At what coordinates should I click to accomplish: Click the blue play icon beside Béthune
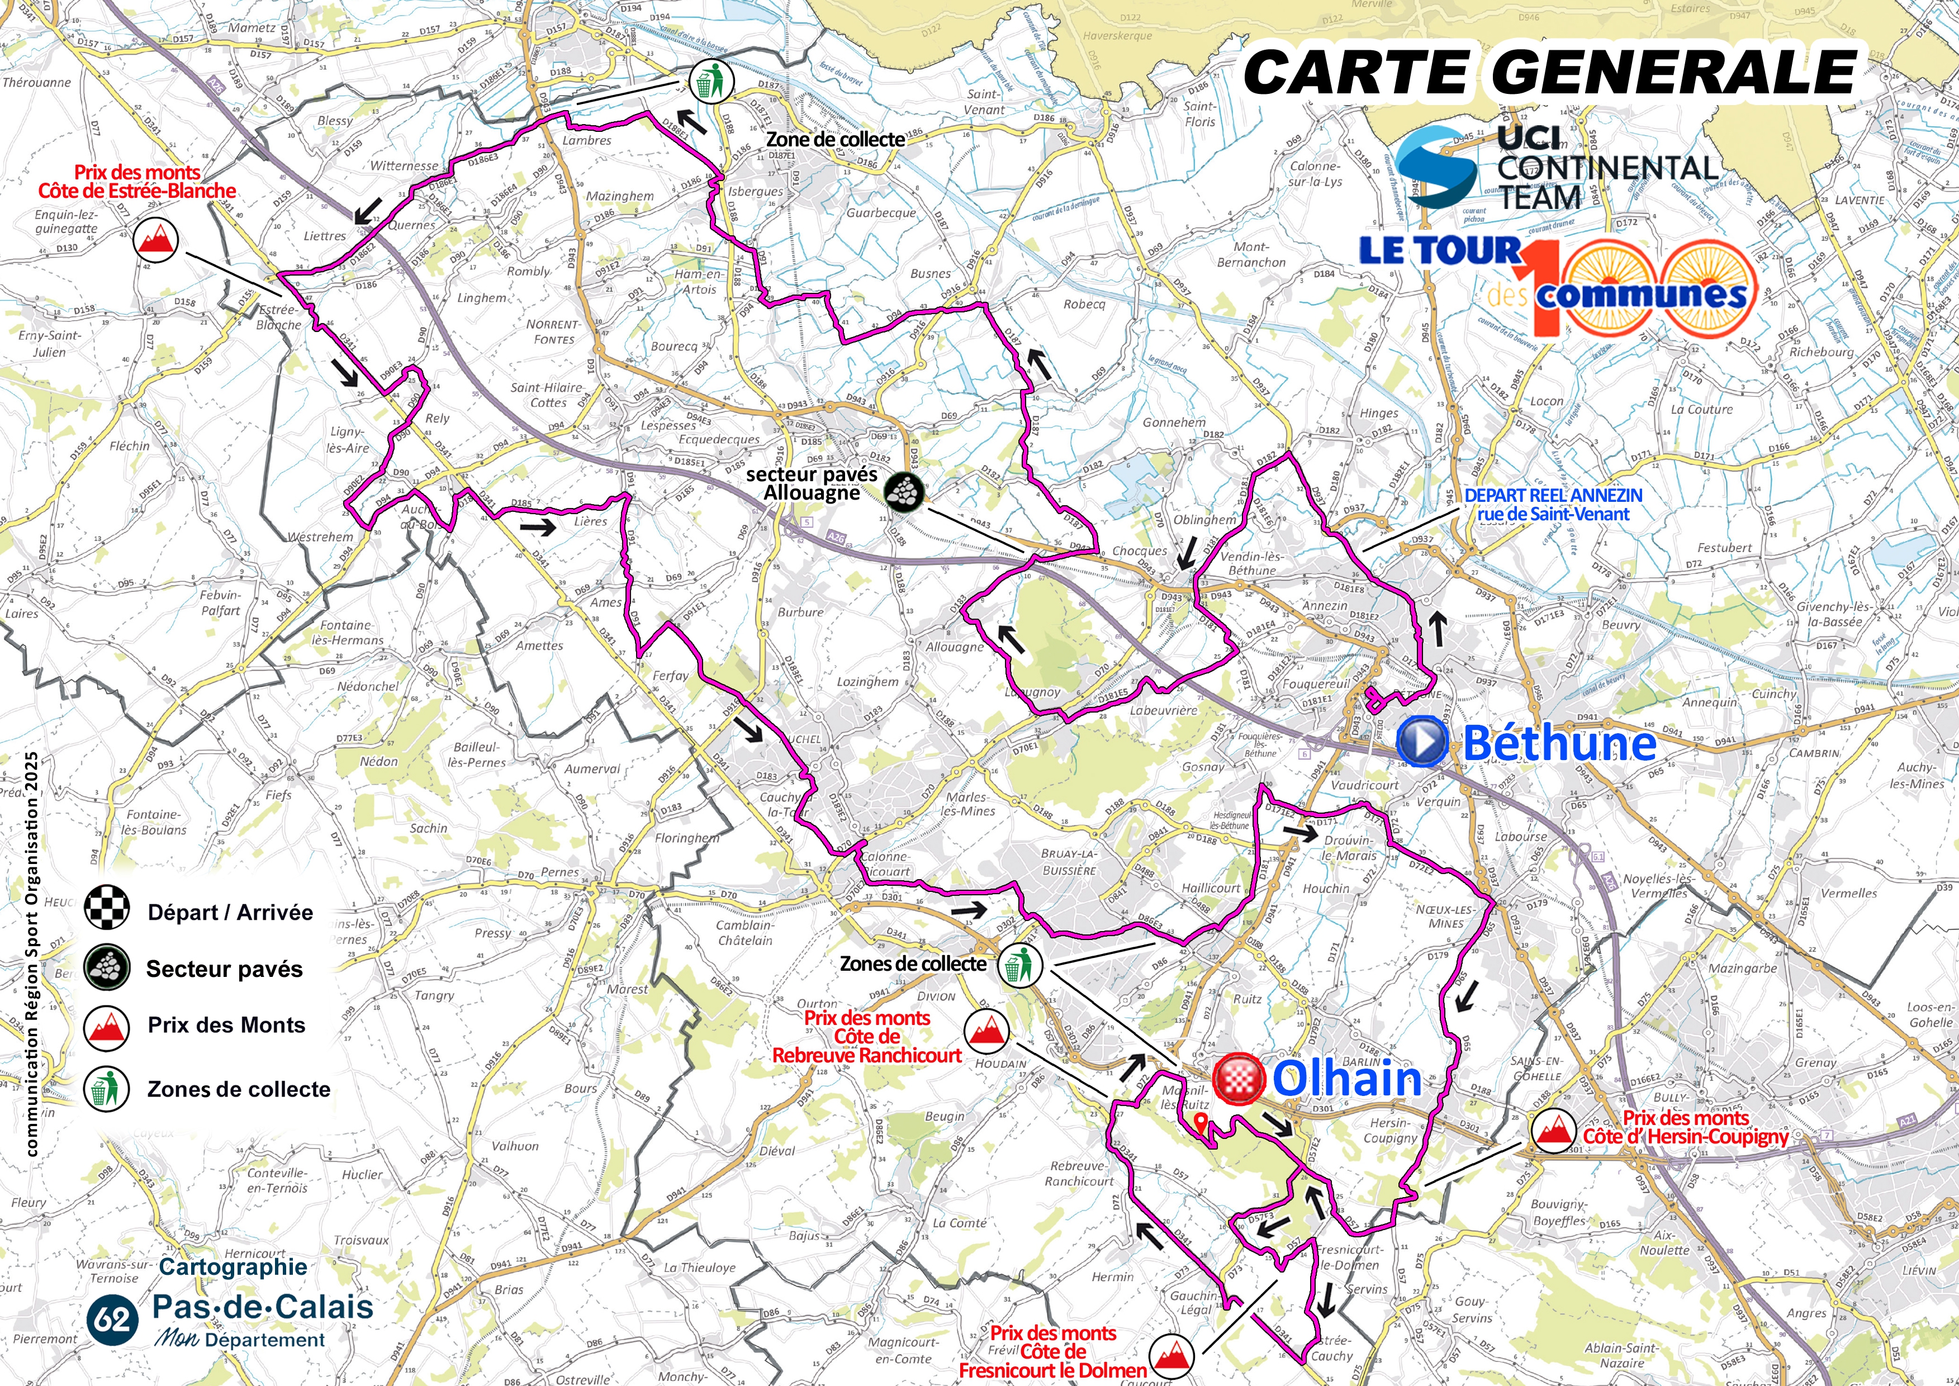point(1422,742)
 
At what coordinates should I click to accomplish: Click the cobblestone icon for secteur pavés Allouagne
point(904,492)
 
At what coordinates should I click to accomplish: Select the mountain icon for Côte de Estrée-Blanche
point(155,240)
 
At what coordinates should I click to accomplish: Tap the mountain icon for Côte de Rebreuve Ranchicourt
point(986,1031)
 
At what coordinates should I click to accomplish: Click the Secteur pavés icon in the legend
point(107,968)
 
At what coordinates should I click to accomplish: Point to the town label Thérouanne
point(37,83)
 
